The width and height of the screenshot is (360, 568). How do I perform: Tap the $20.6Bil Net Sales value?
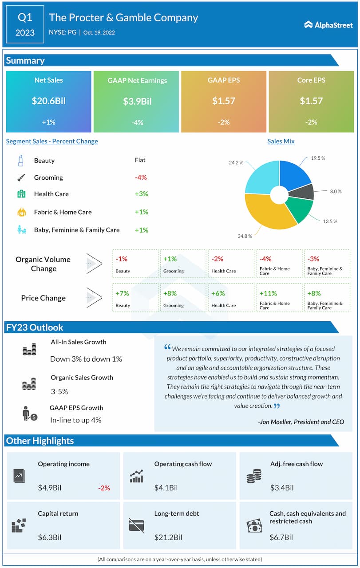48,101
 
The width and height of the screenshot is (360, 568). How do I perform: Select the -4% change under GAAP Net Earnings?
137,122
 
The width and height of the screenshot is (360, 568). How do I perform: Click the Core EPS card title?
311,80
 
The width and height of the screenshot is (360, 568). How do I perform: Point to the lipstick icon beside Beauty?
20,161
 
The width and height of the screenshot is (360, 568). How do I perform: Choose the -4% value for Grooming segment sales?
141,177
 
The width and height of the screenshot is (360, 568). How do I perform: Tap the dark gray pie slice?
304,192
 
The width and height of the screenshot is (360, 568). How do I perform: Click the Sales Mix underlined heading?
281,141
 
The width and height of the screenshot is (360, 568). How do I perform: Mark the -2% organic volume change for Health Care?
217,259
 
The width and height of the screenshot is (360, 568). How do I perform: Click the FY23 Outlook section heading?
35,327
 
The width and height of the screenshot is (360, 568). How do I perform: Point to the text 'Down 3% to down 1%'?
86,359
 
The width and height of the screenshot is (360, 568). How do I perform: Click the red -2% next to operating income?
104,488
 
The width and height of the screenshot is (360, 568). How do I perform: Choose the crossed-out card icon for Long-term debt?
136,525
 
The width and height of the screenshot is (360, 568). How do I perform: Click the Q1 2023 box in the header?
25,25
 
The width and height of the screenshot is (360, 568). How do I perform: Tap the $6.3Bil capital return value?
50,537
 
